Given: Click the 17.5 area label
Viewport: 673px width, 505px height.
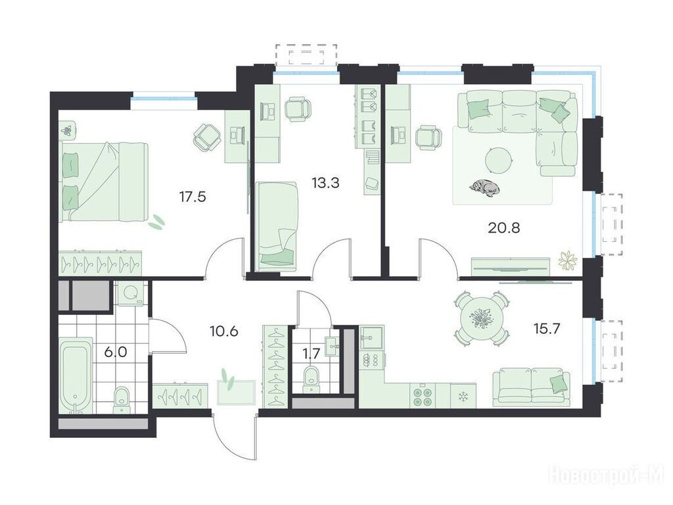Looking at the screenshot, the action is click(x=193, y=197).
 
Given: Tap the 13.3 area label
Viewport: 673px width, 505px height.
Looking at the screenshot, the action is click(x=325, y=183).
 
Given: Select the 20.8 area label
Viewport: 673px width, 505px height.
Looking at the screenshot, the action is click(x=504, y=228).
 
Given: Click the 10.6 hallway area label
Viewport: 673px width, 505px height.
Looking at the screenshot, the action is click(x=224, y=331).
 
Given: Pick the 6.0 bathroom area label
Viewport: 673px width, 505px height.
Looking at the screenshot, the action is click(x=116, y=352).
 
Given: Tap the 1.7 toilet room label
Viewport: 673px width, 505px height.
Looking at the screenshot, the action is click(x=311, y=354).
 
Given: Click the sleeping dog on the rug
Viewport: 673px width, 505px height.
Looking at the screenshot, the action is click(x=484, y=187).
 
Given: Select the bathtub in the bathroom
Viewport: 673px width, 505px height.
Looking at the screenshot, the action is click(x=76, y=374).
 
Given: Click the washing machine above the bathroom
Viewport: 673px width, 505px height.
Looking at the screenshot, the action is click(x=131, y=293).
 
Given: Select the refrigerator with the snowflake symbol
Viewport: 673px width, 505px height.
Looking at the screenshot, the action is click(x=463, y=395).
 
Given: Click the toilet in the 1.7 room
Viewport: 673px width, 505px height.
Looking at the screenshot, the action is click(x=311, y=378).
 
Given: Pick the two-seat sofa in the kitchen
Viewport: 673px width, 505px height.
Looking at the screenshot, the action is click(x=532, y=387).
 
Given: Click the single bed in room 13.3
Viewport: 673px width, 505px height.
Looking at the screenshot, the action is click(x=277, y=226).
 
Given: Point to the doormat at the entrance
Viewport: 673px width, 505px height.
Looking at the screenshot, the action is click(x=237, y=392).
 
